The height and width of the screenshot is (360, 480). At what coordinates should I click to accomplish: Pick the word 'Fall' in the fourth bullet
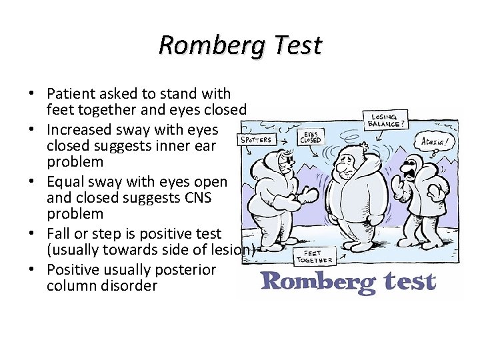(x=57, y=233)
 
